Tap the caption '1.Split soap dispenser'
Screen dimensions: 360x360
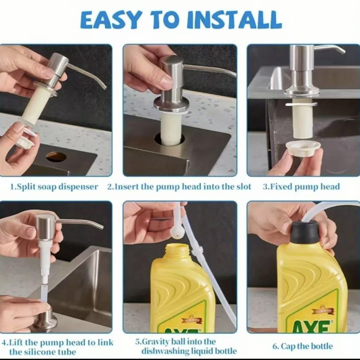54,187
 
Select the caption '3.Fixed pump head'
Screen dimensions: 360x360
301,186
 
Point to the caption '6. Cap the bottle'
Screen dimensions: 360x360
302,346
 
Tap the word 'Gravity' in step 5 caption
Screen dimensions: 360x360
155,342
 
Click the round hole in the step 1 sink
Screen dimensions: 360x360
56,157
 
